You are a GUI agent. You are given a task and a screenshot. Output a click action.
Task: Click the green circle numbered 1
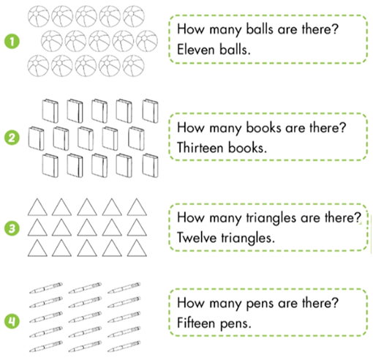(12, 41)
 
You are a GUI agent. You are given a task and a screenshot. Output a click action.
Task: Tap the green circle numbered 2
(12, 138)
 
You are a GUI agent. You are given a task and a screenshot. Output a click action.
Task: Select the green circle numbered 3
(12, 228)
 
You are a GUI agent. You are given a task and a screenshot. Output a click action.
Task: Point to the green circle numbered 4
(12, 321)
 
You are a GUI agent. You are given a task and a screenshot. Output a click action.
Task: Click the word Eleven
(196, 50)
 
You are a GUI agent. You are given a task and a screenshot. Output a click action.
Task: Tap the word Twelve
(197, 238)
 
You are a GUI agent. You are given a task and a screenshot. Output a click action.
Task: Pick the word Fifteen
(196, 323)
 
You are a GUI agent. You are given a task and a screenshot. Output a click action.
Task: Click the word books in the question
(263, 127)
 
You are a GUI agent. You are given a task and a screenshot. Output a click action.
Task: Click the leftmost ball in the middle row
(52, 41)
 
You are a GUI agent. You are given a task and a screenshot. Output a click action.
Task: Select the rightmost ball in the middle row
(147, 41)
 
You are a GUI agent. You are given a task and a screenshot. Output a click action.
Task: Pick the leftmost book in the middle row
(36, 138)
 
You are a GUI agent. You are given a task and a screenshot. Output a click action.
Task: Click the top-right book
(150, 110)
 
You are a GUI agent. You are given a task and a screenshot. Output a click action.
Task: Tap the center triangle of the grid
(87, 228)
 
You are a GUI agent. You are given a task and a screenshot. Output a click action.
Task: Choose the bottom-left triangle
(37, 248)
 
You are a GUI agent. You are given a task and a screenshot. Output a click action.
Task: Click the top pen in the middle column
(85, 288)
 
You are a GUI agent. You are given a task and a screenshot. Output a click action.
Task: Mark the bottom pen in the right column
(124, 347)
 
